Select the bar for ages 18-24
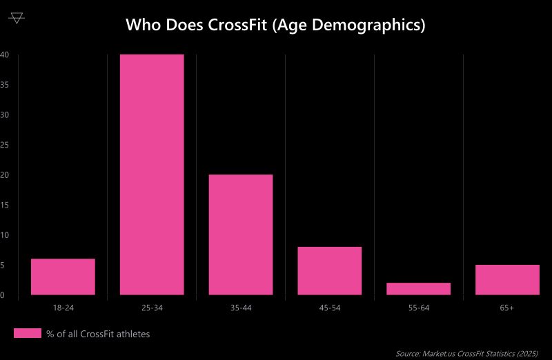[63, 277]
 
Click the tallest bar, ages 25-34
[152, 174]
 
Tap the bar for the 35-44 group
[241, 234]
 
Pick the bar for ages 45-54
[330, 270]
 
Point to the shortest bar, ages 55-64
[419, 288]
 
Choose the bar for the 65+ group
[507, 279]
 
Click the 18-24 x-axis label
[63, 308]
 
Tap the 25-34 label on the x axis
[152, 308]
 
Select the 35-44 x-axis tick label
[241, 308]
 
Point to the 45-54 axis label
[330, 308]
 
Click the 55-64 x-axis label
[419, 308]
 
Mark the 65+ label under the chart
[507, 308]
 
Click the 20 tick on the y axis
[4, 175]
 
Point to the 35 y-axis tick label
[4, 85]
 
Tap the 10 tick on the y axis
[4, 235]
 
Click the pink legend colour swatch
[28, 334]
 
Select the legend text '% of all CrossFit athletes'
[98, 334]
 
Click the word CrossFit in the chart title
[238, 26]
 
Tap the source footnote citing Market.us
[466, 353]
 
